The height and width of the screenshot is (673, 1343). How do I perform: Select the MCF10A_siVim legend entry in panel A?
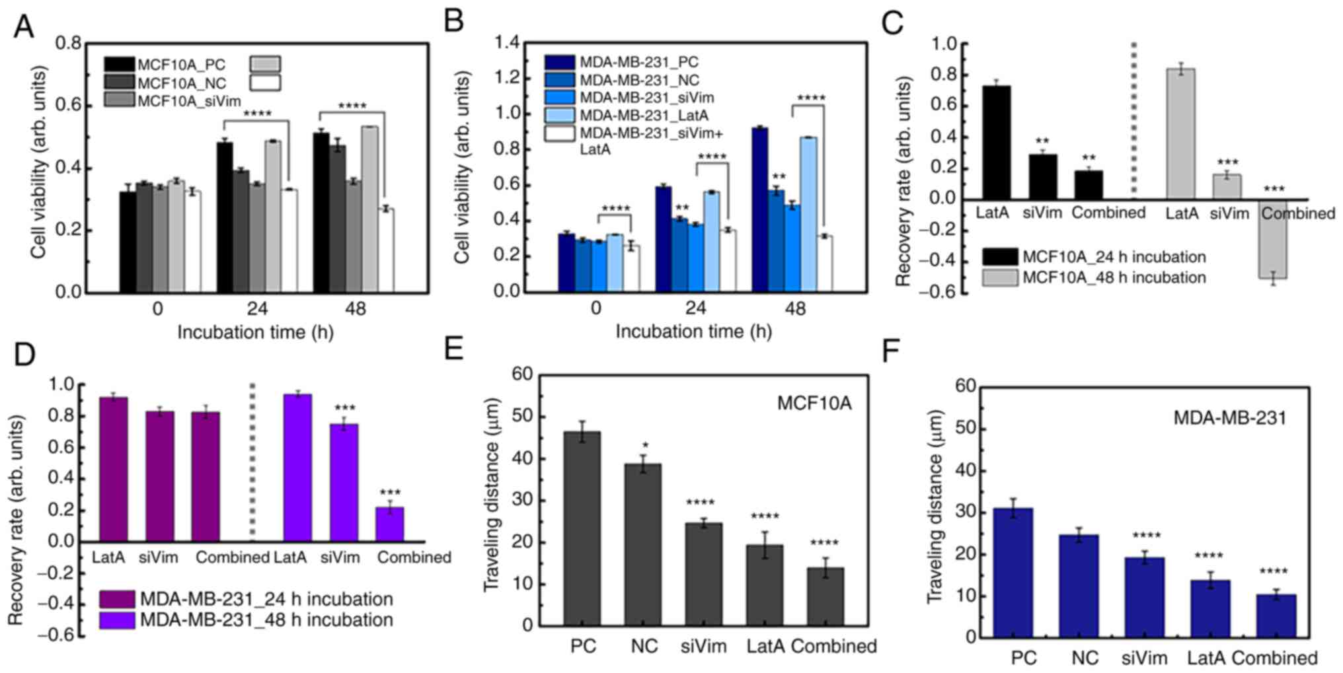pos(189,101)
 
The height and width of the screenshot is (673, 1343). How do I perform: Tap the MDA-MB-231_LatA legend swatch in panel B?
pos(559,116)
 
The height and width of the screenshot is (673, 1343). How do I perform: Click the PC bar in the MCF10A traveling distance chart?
pos(582,528)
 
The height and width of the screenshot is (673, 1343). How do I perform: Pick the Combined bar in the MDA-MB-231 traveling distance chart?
pos(1276,616)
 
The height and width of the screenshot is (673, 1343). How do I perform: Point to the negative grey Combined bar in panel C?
pos(1273,239)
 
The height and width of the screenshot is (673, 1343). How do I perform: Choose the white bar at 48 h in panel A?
pos(386,250)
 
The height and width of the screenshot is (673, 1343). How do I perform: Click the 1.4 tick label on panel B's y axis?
pos(508,44)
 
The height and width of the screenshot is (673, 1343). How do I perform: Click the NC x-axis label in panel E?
pos(644,646)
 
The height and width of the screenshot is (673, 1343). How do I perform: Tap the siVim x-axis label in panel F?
pos(1144,658)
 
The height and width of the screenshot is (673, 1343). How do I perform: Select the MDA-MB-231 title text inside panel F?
pos(1229,418)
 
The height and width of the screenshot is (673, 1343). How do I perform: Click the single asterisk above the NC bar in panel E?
pos(645,445)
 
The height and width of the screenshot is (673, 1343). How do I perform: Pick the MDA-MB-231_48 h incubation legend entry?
pos(266,620)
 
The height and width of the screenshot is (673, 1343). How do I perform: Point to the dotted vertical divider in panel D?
pos(252,462)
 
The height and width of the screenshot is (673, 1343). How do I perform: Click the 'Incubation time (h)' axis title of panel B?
pos(693,332)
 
